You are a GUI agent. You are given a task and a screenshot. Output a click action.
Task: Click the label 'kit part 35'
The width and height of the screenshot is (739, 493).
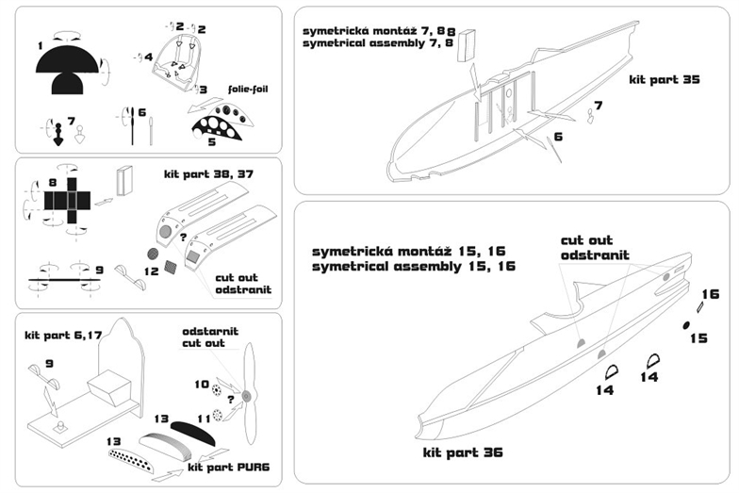[x=665, y=81]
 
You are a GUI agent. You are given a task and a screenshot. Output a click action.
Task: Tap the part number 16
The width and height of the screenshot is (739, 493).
[x=710, y=294]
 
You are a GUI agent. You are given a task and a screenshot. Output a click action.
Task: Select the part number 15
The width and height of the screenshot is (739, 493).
[x=698, y=337]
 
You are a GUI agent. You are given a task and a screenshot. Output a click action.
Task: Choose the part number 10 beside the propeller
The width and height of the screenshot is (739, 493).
[x=200, y=385]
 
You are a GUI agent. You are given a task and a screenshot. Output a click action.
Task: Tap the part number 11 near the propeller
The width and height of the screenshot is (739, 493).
[x=202, y=417]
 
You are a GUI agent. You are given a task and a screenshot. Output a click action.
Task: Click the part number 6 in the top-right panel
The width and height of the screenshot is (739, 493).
[x=558, y=137]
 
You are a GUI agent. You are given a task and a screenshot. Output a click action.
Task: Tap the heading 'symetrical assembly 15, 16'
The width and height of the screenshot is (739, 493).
[x=414, y=267]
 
